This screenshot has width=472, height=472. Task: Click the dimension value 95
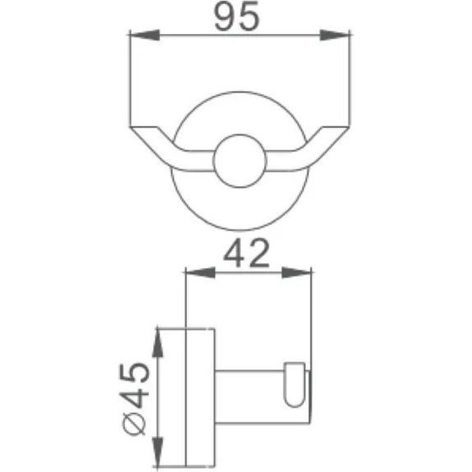tap(238, 17)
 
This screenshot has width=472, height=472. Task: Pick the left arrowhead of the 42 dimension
tap(195, 272)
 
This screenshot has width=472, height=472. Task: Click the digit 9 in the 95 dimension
tap(224, 17)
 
